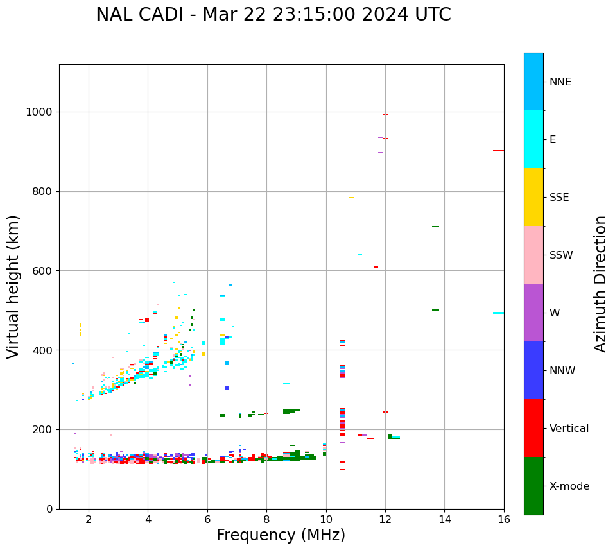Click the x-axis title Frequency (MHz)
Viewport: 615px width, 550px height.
(x=281, y=535)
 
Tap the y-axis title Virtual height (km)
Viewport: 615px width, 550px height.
(x=13, y=287)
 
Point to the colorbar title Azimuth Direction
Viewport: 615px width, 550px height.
(x=600, y=284)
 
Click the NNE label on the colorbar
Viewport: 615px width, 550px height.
(x=560, y=82)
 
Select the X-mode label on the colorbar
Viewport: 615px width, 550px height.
(x=569, y=486)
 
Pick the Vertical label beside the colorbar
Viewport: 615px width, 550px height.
(x=569, y=429)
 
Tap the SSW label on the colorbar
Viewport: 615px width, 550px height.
(x=561, y=255)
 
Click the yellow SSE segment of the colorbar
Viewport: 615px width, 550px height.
(x=533, y=197)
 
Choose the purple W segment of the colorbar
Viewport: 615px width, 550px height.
(x=533, y=313)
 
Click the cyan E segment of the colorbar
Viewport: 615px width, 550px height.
(x=533, y=139)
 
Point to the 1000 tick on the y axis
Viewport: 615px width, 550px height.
(x=40, y=112)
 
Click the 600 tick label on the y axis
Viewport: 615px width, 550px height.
(x=43, y=271)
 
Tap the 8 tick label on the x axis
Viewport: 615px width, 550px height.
(x=266, y=519)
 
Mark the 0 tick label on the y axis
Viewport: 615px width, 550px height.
(x=49, y=509)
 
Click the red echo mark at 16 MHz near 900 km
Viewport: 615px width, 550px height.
(x=498, y=150)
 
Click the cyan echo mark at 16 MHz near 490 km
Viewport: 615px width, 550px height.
(x=498, y=313)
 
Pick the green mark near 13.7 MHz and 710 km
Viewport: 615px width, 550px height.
(x=435, y=227)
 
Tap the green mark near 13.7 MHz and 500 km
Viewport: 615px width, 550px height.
(x=435, y=310)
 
